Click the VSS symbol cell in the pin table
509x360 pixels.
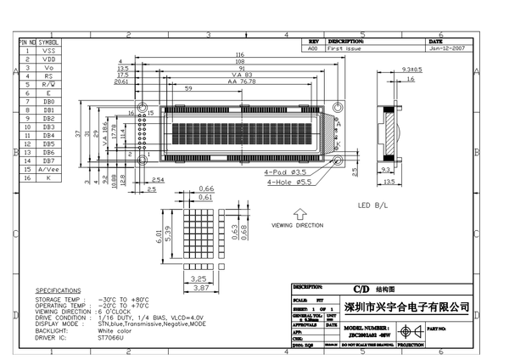pos(48,51)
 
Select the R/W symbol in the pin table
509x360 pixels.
pos(48,85)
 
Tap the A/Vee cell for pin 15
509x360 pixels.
pos(48,169)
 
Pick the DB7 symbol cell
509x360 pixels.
pos(48,160)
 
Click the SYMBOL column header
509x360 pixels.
pos(48,41)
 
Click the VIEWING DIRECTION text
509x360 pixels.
pos(297,226)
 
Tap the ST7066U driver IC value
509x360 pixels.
pos(111,337)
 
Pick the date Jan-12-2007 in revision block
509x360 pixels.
pos(447,49)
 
